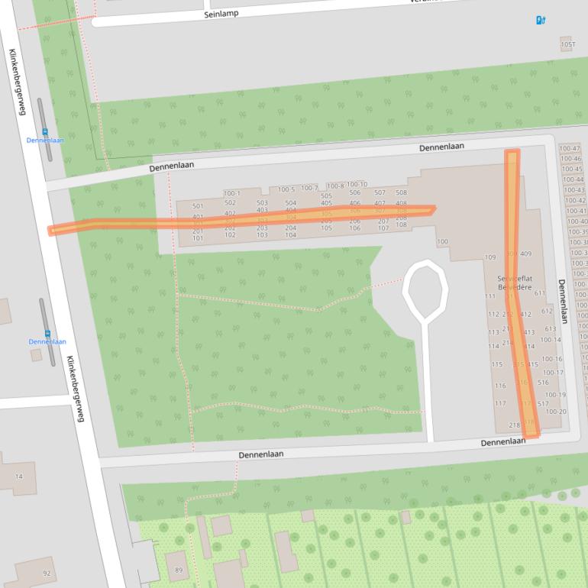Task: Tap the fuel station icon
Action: pyautogui.click(x=541, y=20)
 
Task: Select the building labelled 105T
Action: pyautogui.click(x=567, y=45)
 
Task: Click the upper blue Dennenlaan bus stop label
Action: pyautogui.click(x=45, y=141)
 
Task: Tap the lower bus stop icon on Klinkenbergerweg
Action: pyautogui.click(x=47, y=333)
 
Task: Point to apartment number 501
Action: pyautogui.click(x=198, y=206)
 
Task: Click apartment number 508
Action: pyautogui.click(x=401, y=193)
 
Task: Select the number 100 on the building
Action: pyautogui.click(x=442, y=242)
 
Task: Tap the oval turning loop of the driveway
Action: pyautogui.click(x=425, y=289)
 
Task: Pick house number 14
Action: pyautogui.click(x=19, y=477)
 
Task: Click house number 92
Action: pyautogui.click(x=47, y=573)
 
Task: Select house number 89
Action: pyautogui.click(x=179, y=570)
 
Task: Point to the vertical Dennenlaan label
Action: pyautogui.click(x=563, y=301)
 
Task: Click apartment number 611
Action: pyautogui.click(x=540, y=293)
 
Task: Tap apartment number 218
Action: pyautogui.click(x=514, y=425)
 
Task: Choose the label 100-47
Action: pyautogui.click(x=570, y=149)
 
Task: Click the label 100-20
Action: pyautogui.click(x=556, y=412)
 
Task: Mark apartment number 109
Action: pyautogui.click(x=490, y=257)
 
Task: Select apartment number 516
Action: pyautogui.click(x=543, y=383)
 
